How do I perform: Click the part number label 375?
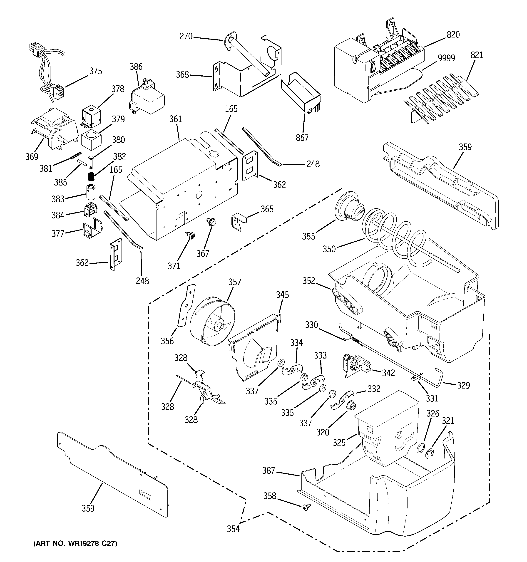click(x=96, y=71)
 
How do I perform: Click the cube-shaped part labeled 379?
click(x=91, y=140)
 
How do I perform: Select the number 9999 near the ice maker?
click(x=446, y=58)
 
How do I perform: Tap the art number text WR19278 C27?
click(x=75, y=543)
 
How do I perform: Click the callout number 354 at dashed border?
click(x=233, y=529)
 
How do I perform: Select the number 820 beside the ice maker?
click(x=453, y=35)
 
